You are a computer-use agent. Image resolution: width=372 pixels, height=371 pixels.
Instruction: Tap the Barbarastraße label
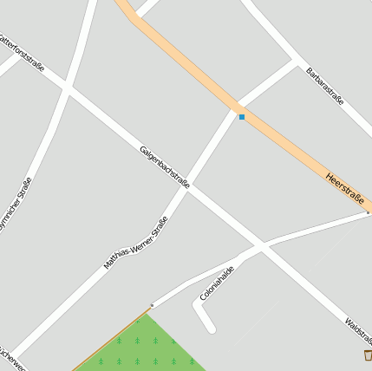(325, 87)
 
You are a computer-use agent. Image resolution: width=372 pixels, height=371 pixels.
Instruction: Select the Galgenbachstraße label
(164, 166)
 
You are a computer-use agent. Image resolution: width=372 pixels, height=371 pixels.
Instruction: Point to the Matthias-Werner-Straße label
(135, 243)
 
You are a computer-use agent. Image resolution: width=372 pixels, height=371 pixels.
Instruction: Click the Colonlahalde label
(218, 283)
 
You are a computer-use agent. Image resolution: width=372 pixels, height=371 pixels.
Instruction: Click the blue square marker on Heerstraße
(242, 117)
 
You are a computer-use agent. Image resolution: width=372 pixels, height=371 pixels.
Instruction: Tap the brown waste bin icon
(369, 355)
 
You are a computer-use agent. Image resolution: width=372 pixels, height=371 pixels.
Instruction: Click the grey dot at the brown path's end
(152, 305)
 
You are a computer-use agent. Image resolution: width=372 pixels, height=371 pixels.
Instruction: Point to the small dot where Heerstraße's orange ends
(368, 212)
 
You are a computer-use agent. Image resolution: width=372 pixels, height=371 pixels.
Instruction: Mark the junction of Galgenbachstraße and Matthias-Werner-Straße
(190, 185)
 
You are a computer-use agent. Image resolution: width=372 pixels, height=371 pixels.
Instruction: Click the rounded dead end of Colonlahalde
(209, 328)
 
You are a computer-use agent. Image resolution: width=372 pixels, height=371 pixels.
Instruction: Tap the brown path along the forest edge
(113, 337)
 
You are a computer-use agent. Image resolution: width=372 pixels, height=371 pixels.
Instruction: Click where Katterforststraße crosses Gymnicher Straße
(66, 87)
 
